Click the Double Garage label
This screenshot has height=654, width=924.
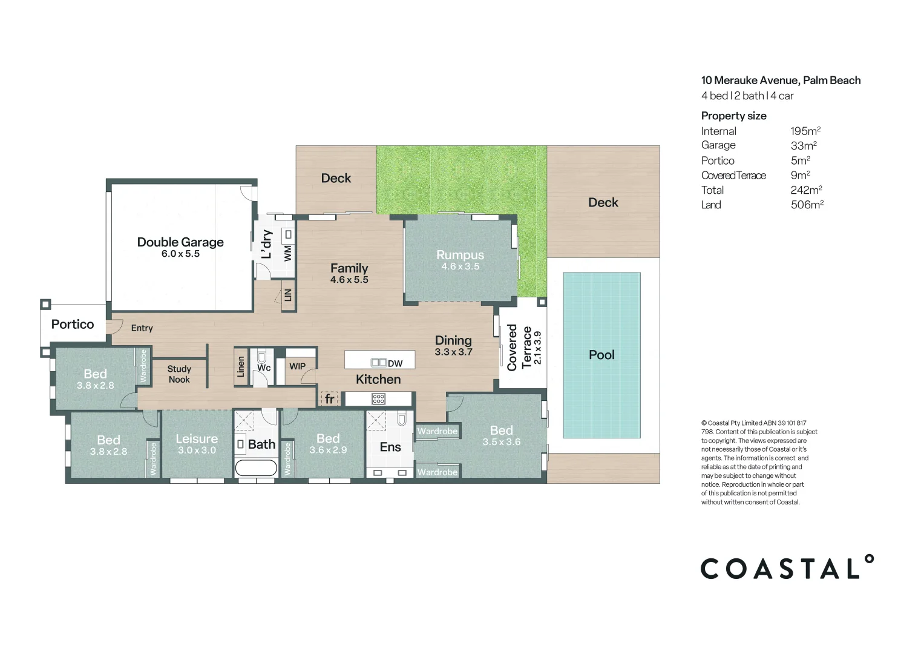pos(180,242)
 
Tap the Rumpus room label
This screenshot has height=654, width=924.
pos(460,255)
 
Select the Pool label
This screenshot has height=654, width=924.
pos(601,355)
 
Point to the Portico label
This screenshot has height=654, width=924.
pos(73,325)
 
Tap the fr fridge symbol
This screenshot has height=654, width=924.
pos(329,399)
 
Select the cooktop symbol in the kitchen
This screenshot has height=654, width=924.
pos(379,398)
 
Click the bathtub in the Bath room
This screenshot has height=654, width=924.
pos(255,467)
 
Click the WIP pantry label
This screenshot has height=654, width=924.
pos(297,366)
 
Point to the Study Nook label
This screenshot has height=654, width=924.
pos(179,374)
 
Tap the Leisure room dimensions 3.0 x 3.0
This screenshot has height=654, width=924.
pos(197,451)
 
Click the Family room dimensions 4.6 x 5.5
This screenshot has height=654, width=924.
pos(349,280)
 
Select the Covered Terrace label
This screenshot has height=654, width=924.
pos(519,347)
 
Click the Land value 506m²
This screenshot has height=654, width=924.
pos(807,205)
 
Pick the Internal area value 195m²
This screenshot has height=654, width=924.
pos(805,131)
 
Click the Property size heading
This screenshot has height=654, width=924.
pos(733,116)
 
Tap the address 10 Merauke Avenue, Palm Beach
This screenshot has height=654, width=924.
pos(781,81)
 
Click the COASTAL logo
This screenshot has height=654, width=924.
pos(787,568)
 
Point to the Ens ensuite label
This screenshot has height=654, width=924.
pos(390,447)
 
